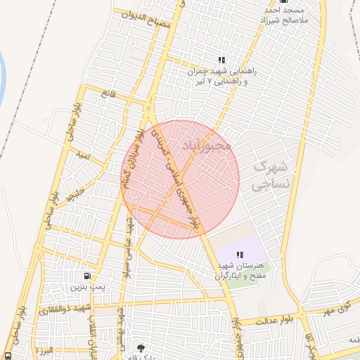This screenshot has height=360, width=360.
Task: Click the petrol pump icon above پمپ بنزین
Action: coord(86,276)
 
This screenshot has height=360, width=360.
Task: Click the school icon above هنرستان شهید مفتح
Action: coord(240,255)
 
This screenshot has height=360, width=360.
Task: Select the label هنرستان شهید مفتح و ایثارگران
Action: coord(241,271)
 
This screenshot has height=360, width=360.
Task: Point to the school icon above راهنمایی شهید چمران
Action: coord(221,60)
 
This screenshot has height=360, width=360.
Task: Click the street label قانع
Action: coord(108,92)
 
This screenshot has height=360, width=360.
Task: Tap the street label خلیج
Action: coord(75,195)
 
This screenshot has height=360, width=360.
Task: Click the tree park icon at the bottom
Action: coord(140,348)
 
